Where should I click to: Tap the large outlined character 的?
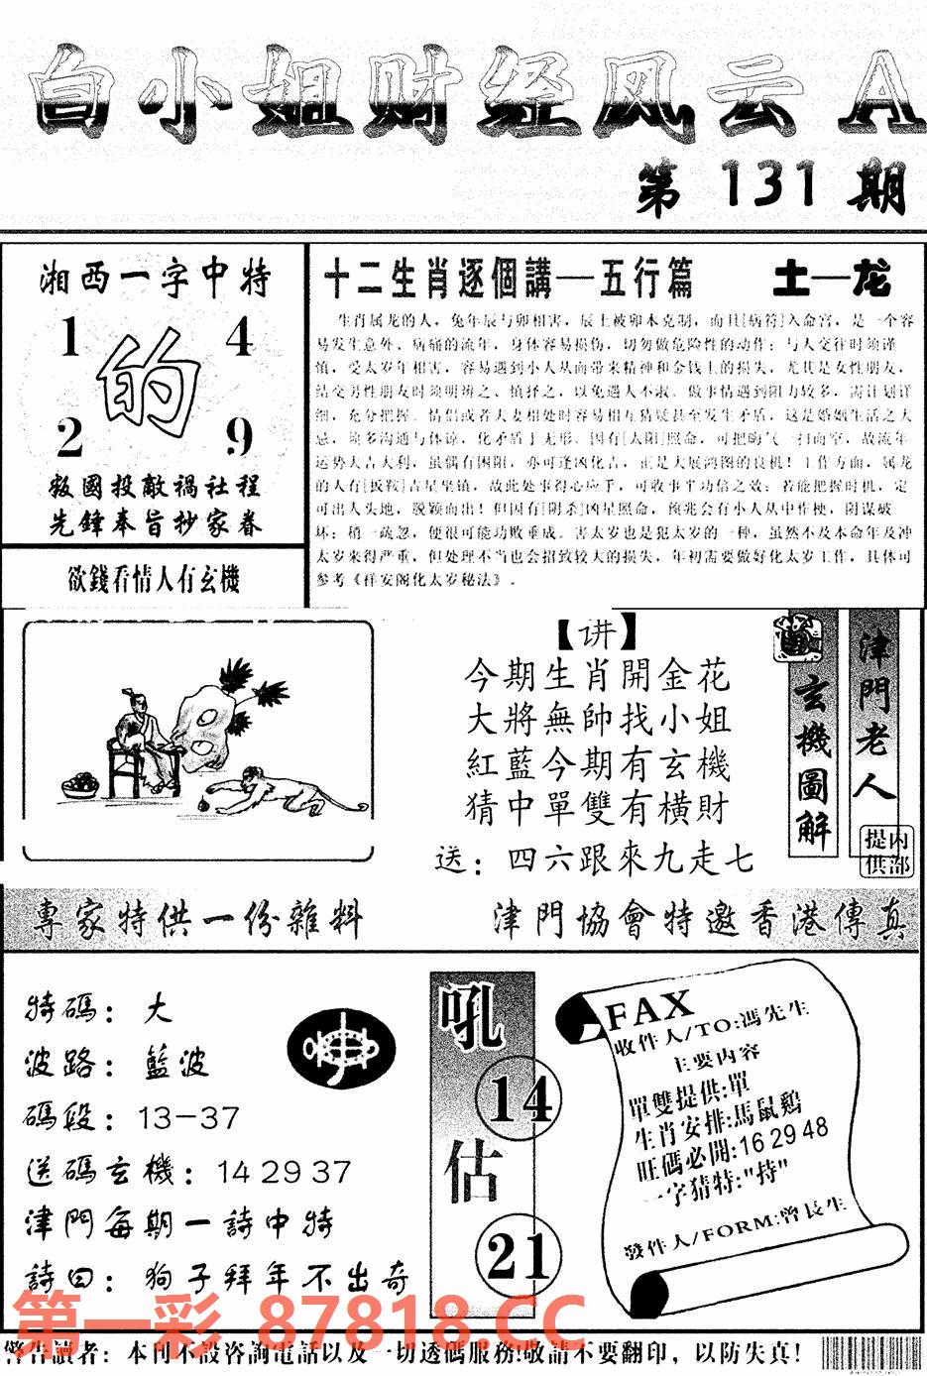[151, 385]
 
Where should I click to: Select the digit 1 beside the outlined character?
[68, 341]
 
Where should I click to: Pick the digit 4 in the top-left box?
[239, 339]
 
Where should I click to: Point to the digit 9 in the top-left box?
[239, 437]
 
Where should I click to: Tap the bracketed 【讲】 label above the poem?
[592, 633]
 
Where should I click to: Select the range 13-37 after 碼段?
[189, 1118]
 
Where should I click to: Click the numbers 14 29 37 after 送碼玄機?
[284, 1172]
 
